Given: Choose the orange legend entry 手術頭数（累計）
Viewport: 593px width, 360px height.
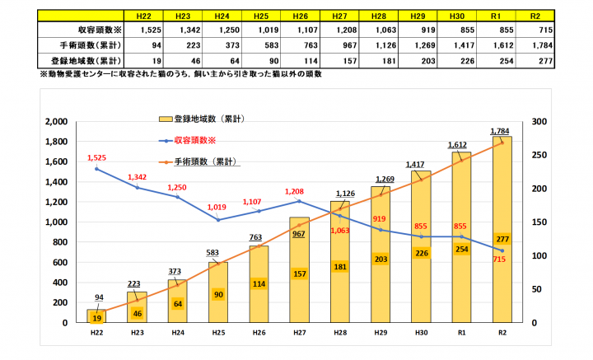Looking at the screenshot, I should tap(206, 161).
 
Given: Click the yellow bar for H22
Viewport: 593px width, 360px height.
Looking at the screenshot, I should tap(98, 316).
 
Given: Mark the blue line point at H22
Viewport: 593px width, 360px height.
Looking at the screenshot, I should tap(98, 169).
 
